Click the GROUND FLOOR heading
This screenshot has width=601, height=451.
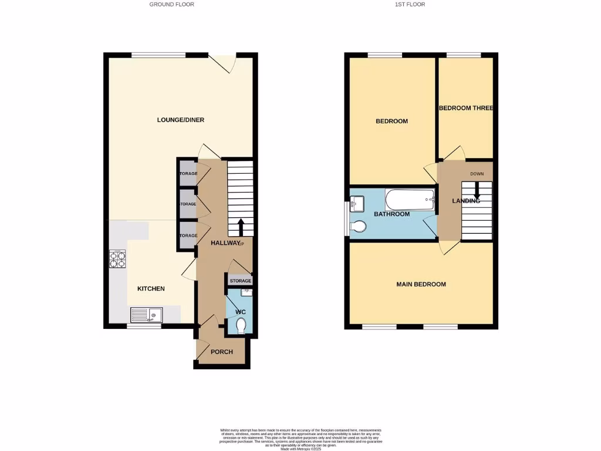pyautogui.click(x=171, y=4)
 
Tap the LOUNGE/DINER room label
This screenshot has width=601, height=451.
pyautogui.click(x=180, y=120)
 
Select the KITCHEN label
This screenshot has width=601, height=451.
pyautogui.click(x=151, y=288)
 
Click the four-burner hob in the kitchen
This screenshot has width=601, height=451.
pyautogui.click(x=117, y=259)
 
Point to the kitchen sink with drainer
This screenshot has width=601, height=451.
pyautogui.click(x=146, y=315)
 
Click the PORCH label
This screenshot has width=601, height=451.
pyautogui.click(x=222, y=352)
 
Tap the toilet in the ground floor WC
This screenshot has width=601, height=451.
pyautogui.click(x=240, y=325)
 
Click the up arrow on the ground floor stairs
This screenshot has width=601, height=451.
pyautogui.click(x=241, y=226)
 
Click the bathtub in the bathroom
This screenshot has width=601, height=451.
pyautogui.click(x=410, y=200)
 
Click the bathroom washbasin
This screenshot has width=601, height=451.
pyautogui.click(x=357, y=203)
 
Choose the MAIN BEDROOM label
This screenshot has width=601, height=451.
pyautogui.click(x=421, y=284)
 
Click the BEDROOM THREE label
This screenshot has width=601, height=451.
pyautogui.click(x=466, y=108)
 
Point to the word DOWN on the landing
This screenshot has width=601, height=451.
pyautogui.click(x=477, y=174)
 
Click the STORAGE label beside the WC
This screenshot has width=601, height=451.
pyautogui.click(x=240, y=281)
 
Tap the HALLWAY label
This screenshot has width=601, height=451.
pyautogui.click(x=225, y=243)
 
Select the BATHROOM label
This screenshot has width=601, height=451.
pyautogui.click(x=391, y=214)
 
